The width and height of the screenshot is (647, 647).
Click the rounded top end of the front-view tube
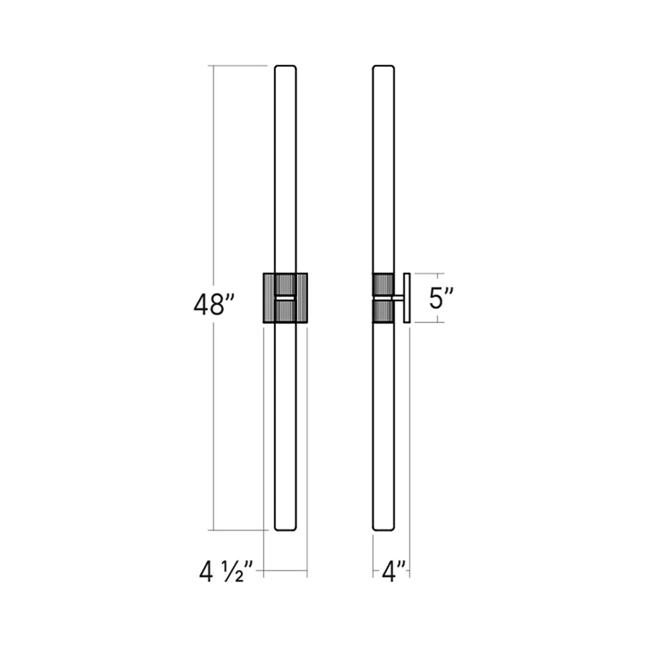pyautogui.click(x=285, y=66)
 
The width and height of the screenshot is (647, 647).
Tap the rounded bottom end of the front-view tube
pyautogui.click(x=285, y=539)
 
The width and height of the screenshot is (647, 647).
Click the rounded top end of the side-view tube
pyautogui.click(x=383, y=66)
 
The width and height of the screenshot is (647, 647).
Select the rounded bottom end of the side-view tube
pyautogui.click(x=383, y=539)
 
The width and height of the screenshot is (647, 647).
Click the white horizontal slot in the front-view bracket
pyautogui.click(x=285, y=298)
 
